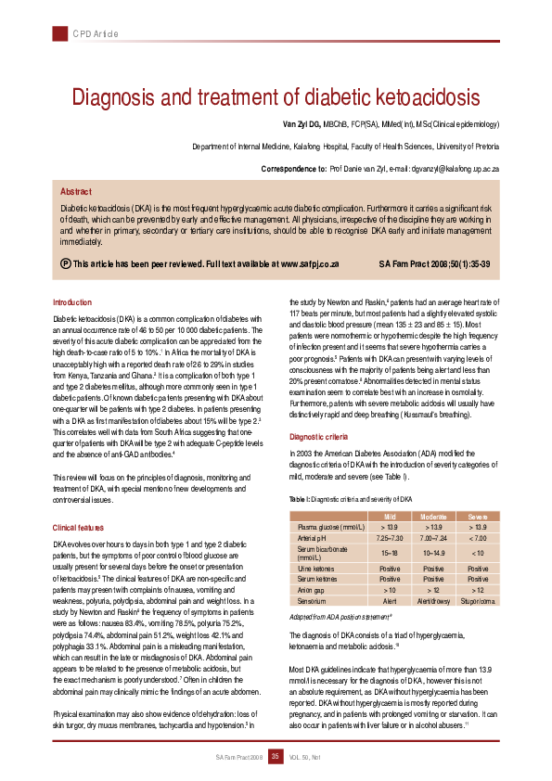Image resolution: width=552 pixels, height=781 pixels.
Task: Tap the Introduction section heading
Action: tap(72, 302)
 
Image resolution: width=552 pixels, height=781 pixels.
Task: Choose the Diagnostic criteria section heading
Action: tap(319, 436)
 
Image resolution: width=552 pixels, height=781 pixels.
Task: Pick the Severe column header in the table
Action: tap(479, 515)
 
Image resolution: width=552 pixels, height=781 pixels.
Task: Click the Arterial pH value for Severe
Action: tap(479, 537)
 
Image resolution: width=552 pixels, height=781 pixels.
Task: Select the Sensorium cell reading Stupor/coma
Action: tap(479, 601)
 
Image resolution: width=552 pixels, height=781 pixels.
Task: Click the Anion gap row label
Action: tap(310, 589)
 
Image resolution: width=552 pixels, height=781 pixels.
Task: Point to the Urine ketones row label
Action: tap(315, 567)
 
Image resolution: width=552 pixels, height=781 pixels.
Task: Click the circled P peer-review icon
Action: tap(65, 264)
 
